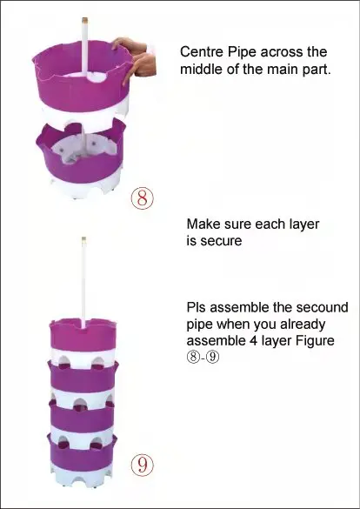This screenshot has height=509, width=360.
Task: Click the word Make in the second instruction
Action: pyautogui.click(x=203, y=224)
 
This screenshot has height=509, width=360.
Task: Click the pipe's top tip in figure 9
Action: pyautogui.click(x=83, y=238)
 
